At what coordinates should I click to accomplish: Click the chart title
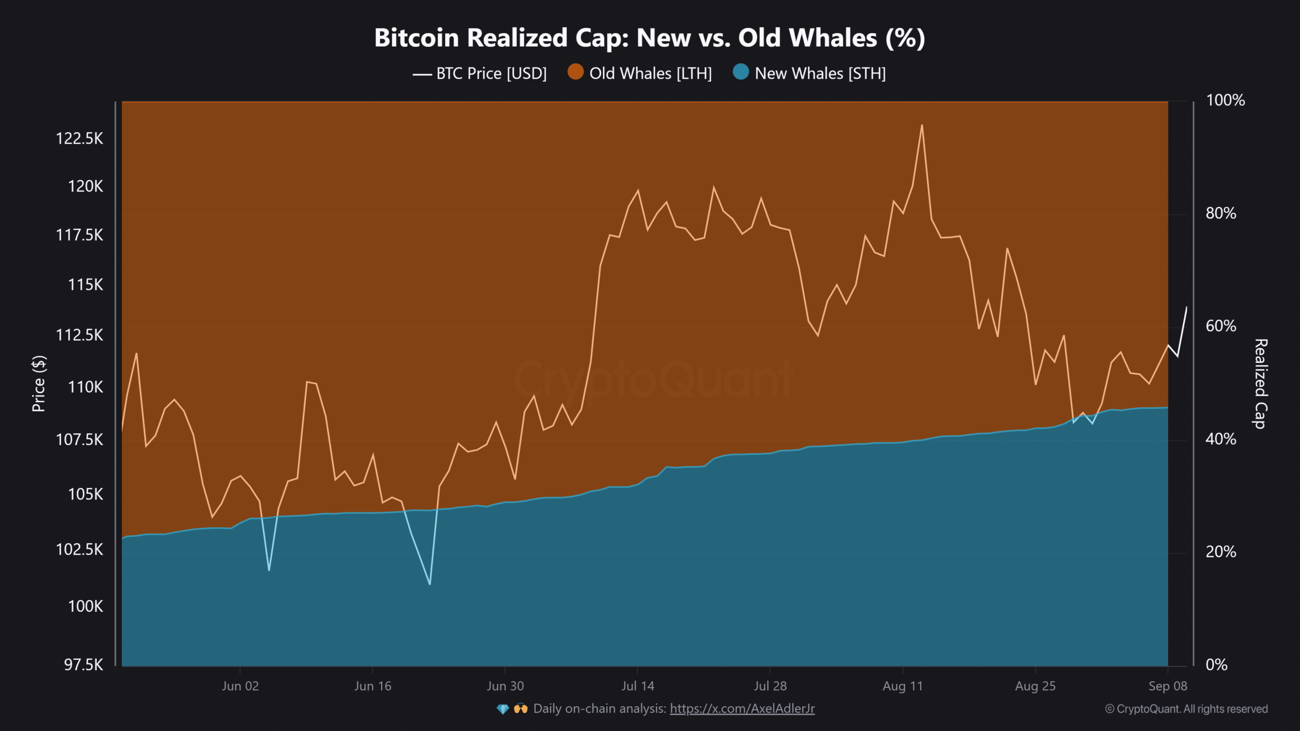tap(649, 38)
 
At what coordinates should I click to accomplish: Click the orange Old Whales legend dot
tap(575, 72)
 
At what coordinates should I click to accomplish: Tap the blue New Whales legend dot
tap(741, 72)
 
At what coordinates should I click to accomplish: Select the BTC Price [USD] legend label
tap(491, 74)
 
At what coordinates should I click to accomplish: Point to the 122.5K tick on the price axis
tap(79, 139)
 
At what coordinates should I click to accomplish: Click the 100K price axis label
tap(85, 606)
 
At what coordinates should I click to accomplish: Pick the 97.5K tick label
tap(83, 664)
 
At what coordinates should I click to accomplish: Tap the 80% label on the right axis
tap(1221, 213)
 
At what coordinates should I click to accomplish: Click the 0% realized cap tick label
tap(1216, 664)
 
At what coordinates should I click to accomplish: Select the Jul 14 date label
tap(637, 686)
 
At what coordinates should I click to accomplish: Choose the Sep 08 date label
tap(1167, 686)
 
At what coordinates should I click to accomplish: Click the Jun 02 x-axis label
tap(240, 686)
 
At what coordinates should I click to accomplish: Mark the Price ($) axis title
tap(39, 383)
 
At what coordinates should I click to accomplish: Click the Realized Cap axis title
tap(1260, 383)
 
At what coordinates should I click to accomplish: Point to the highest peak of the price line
tap(922, 125)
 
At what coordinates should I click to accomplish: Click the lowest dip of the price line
tap(430, 584)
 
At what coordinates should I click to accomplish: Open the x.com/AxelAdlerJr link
tap(742, 709)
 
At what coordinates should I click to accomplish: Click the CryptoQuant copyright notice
tap(1186, 709)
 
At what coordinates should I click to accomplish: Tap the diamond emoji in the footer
tap(503, 709)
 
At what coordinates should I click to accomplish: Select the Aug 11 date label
tap(902, 686)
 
